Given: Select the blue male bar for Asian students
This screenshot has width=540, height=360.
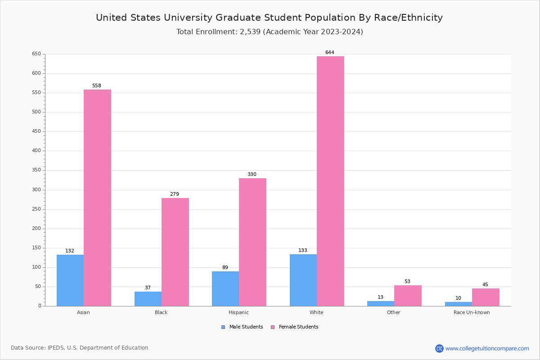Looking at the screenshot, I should pyautogui.click(x=70, y=280).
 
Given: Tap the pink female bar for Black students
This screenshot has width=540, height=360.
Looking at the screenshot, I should pyautogui.click(x=175, y=252).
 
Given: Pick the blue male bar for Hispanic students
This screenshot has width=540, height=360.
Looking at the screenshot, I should pyautogui.click(x=225, y=288).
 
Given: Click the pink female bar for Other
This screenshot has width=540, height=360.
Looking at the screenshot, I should pyautogui.click(x=408, y=296).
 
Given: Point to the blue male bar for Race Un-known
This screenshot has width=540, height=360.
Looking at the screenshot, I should pyautogui.click(x=459, y=304).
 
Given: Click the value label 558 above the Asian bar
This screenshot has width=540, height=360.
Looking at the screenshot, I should pyautogui.click(x=97, y=86).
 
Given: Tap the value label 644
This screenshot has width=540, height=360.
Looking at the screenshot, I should pyautogui.click(x=330, y=53).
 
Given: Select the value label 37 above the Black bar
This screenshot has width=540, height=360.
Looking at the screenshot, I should pyautogui.click(x=148, y=288).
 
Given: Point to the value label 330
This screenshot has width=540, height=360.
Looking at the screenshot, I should pyautogui.click(x=252, y=175).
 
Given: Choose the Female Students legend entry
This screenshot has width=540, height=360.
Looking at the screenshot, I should pyautogui.click(x=295, y=327).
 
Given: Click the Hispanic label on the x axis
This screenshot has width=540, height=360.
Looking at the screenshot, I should pyautogui.click(x=238, y=312).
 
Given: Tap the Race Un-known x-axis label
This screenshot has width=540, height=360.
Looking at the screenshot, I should pyautogui.click(x=472, y=312).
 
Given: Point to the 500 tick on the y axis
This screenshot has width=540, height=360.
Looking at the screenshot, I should pyautogui.click(x=36, y=112).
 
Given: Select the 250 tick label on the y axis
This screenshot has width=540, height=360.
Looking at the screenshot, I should pyautogui.click(x=36, y=209).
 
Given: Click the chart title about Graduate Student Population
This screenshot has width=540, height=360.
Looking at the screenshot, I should pyautogui.click(x=269, y=18).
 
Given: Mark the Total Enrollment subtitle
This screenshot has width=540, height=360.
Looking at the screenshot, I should pyautogui.click(x=270, y=32).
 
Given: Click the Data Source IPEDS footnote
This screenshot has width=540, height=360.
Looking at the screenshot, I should pyautogui.click(x=80, y=348).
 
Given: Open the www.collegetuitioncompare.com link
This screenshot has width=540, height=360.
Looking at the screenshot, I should pyautogui.click(x=487, y=348).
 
